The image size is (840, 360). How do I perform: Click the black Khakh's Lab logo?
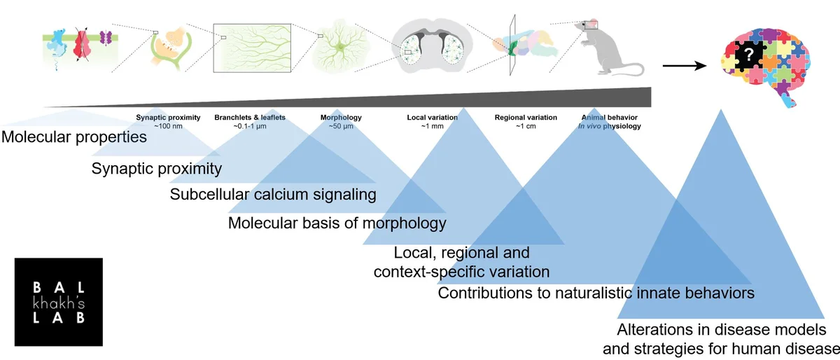58,301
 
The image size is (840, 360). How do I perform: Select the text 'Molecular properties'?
74,137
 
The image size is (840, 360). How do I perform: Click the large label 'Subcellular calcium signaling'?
273,194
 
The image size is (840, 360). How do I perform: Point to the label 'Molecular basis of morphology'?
337,223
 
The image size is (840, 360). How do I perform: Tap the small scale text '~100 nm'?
168,127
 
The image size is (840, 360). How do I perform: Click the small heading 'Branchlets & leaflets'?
250,118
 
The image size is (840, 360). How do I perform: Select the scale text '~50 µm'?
342,127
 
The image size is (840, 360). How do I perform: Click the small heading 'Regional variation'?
526,118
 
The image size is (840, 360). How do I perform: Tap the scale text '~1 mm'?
432,127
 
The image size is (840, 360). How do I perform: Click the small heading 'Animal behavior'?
609,118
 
